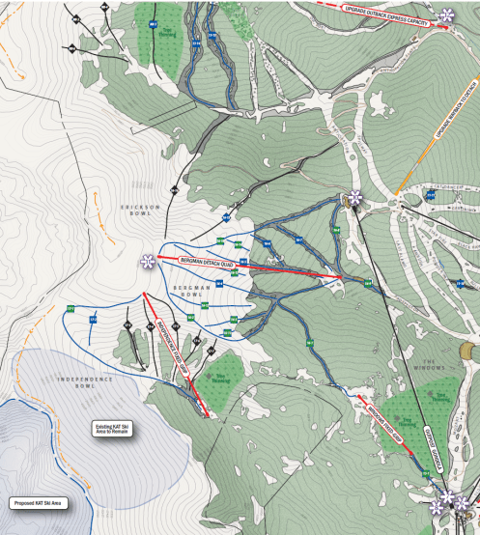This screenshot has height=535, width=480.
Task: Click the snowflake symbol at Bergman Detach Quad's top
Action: [148, 262]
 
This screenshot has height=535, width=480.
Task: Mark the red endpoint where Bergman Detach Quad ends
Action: [341, 280]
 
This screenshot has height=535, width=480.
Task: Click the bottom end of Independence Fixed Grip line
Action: [207, 415]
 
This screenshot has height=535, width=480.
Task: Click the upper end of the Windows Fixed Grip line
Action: [359, 395]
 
